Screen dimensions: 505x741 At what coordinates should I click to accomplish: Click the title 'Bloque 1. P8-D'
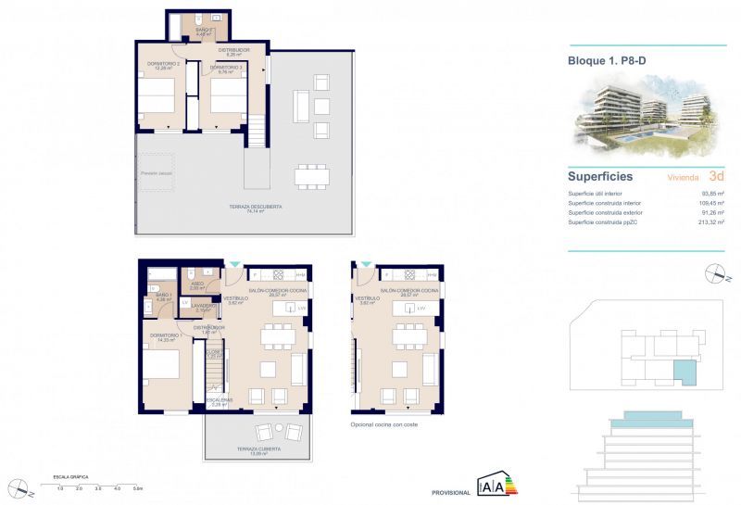606,62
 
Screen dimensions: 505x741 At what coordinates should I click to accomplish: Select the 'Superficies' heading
600,175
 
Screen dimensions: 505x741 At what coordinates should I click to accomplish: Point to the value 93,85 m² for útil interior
711,193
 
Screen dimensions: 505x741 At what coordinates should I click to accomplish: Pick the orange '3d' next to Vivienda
716,175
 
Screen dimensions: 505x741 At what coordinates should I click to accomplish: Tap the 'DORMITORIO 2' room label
162,64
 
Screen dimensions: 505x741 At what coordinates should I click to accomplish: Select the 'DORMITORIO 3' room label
226,67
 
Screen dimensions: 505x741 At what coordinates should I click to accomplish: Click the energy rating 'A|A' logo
493,486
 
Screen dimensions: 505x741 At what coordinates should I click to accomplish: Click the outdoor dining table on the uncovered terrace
311,174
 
